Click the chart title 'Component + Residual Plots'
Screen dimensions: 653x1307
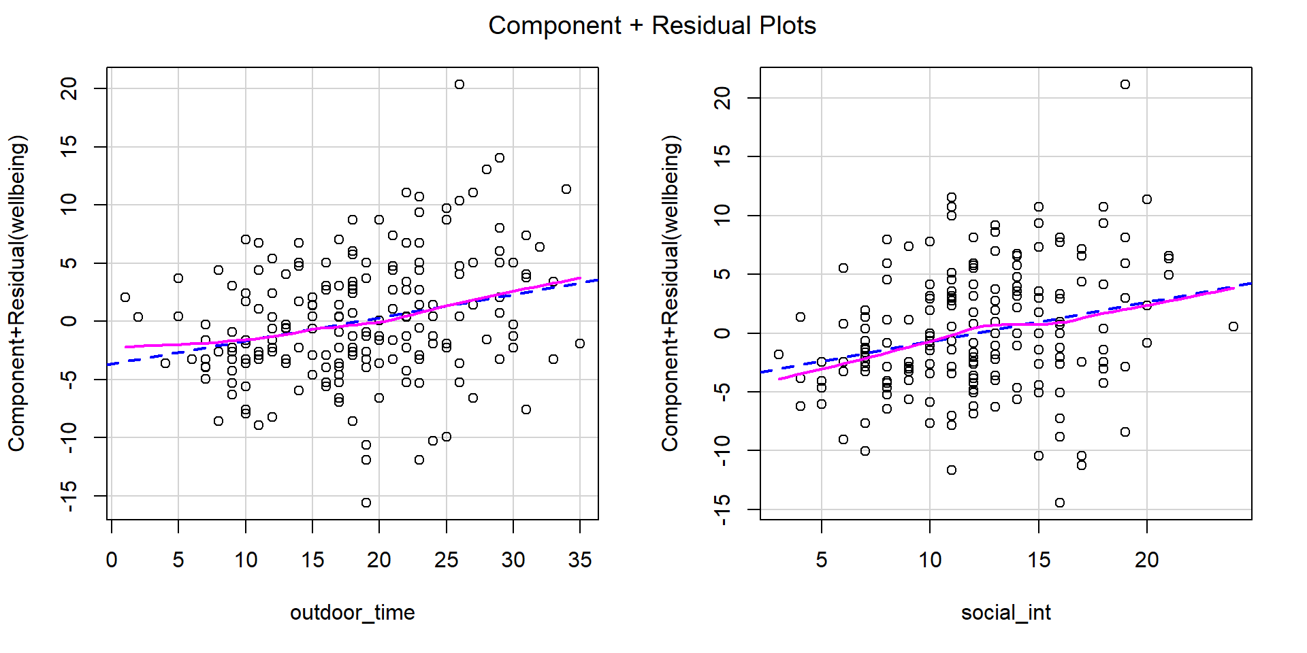[x=652, y=26]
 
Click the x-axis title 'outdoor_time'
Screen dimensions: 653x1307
[x=352, y=613]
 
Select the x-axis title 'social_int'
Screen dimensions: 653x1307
[x=1005, y=613]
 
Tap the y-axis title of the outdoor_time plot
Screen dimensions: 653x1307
[x=18, y=293]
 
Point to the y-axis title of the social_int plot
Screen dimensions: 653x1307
[x=671, y=293]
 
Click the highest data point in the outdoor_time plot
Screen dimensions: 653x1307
[x=459, y=84]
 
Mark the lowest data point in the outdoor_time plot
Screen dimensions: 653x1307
[x=366, y=503]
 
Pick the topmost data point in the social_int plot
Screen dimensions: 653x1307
[x=1125, y=84]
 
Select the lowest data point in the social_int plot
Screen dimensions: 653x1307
[x=1060, y=503]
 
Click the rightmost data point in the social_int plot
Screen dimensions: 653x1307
[x=1233, y=326]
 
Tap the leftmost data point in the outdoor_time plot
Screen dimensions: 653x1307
[x=125, y=297]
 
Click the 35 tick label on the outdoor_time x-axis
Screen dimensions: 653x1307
[x=580, y=560]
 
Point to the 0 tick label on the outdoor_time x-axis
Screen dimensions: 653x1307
[x=112, y=560]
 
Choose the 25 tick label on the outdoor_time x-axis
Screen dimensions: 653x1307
[x=446, y=560]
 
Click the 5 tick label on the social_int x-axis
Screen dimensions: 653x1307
[x=822, y=560]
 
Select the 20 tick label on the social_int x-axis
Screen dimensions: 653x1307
[x=1147, y=560]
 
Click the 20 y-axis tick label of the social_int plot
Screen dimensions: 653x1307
[x=723, y=98]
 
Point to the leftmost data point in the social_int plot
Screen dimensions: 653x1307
[x=779, y=354]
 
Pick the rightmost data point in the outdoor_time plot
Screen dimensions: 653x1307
[x=580, y=344]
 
